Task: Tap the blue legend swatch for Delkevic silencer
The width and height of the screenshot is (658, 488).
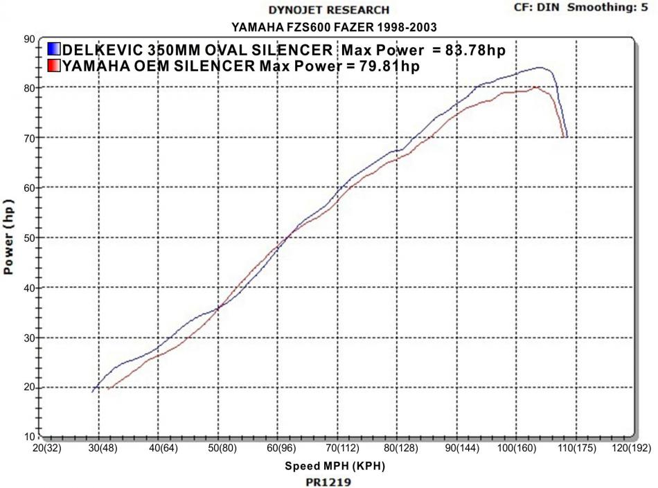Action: coord(53,50)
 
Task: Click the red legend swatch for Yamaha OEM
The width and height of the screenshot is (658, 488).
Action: coord(53,66)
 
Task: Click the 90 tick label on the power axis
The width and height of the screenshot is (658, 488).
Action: coord(29,39)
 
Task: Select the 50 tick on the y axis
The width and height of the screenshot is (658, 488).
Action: coord(29,238)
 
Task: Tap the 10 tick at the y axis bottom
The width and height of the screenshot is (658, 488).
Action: coord(29,437)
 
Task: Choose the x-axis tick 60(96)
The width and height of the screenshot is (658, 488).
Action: coord(277,449)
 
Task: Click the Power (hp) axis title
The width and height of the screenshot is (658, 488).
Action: coord(9,239)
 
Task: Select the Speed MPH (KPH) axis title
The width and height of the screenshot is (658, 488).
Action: coord(335,466)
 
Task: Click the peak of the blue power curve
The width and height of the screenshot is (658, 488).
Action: coord(540,67)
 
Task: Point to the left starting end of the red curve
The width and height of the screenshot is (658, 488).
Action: coord(107,388)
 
